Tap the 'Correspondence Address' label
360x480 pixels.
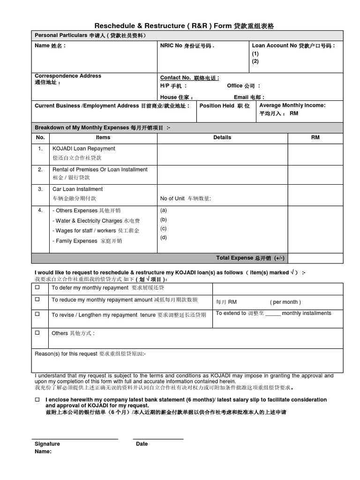click(67, 76)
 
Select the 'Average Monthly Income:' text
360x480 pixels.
click(292, 105)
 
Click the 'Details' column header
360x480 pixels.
click(222, 137)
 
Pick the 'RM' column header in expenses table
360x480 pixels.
click(315, 137)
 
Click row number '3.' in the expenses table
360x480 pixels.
click(40, 189)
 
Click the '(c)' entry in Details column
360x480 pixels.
click(164, 228)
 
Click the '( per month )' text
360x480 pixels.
click(285, 302)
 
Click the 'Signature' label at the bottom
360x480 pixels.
click(47, 443)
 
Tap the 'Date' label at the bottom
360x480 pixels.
click(142, 443)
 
